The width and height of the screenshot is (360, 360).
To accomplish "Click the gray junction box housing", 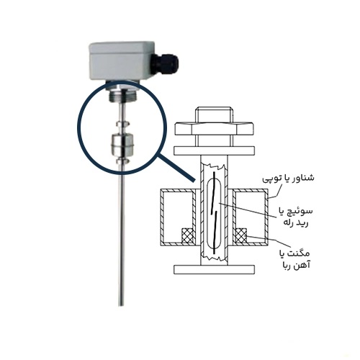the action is pyautogui.click(x=121, y=61).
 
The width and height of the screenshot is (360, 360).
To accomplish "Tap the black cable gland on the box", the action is pyautogui.click(x=166, y=63).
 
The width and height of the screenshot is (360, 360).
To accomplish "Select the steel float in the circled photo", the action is pyautogui.click(x=122, y=145).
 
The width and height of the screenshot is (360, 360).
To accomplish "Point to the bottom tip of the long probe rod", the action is pyautogui.click(x=122, y=305).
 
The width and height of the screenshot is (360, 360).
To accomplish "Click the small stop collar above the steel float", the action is pyautogui.click(x=122, y=125).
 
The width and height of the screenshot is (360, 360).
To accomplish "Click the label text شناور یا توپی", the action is pyautogui.click(x=288, y=179).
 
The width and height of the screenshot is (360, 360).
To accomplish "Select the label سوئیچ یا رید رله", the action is pyautogui.click(x=295, y=217).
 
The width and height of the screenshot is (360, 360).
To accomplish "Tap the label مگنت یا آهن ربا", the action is pyautogui.click(x=294, y=259).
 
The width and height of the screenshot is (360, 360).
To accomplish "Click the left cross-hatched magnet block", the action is pyautogui.click(x=189, y=236).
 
